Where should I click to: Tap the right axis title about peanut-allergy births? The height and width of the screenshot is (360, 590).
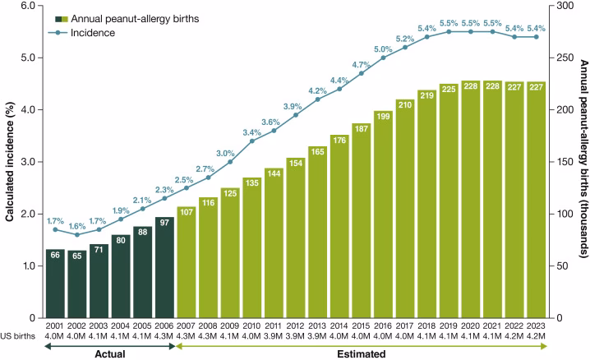(x=582, y=160)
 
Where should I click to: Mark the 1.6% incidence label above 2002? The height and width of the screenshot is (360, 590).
(x=77, y=225)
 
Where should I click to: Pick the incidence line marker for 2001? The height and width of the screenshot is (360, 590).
(x=55, y=229)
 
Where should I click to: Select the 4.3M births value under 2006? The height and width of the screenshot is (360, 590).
(x=164, y=337)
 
